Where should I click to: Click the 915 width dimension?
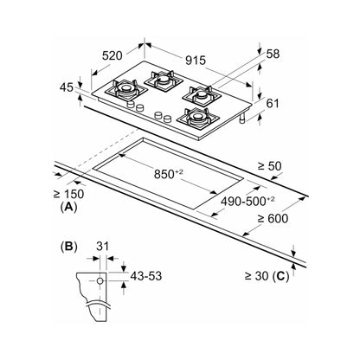(x=196, y=61)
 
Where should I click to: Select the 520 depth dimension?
(x=112, y=55)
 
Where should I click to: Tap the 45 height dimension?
(x=67, y=87)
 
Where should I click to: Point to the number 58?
(x=273, y=54)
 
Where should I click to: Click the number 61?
(x=273, y=103)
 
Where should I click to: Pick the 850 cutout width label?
(x=169, y=174)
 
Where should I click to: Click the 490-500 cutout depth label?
(x=247, y=201)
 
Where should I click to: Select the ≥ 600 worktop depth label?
(x=273, y=218)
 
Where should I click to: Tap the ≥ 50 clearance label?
(x=270, y=165)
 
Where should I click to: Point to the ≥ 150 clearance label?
(x=68, y=194)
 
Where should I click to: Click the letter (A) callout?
(x=69, y=207)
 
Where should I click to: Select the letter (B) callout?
(x=69, y=247)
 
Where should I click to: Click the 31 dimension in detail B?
(x=103, y=247)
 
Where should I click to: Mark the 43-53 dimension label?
(x=146, y=276)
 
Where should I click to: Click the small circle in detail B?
(x=100, y=280)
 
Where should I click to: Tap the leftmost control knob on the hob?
(x=131, y=104)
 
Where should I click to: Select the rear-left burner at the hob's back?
(x=164, y=80)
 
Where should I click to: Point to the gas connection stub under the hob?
(x=243, y=118)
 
